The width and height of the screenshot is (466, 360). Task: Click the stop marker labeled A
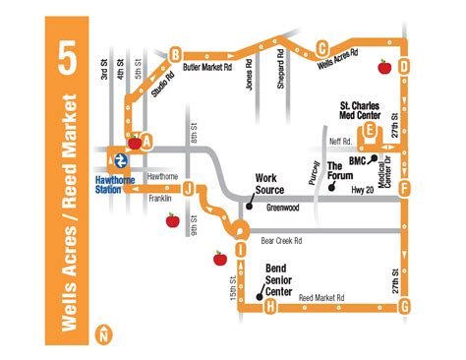pyautogui.click(x=146, y=140)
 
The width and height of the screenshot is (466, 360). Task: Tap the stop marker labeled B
pyautogui.click(x=175, y=54)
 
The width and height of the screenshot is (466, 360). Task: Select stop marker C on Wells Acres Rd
pyautogui.click(x=321, y=46)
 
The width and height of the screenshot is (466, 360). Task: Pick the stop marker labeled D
pyautogui.click(x=404, y=65)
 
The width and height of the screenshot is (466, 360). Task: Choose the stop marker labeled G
pyautogui.click(x=404, y=307)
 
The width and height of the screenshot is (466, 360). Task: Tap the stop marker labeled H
pyautogui.click(x=269, y=307)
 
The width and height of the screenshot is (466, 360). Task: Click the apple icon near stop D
pyautogui.click(x=383, y=67)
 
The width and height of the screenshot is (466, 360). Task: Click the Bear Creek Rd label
pyautogui.click(x=281, y=238)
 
